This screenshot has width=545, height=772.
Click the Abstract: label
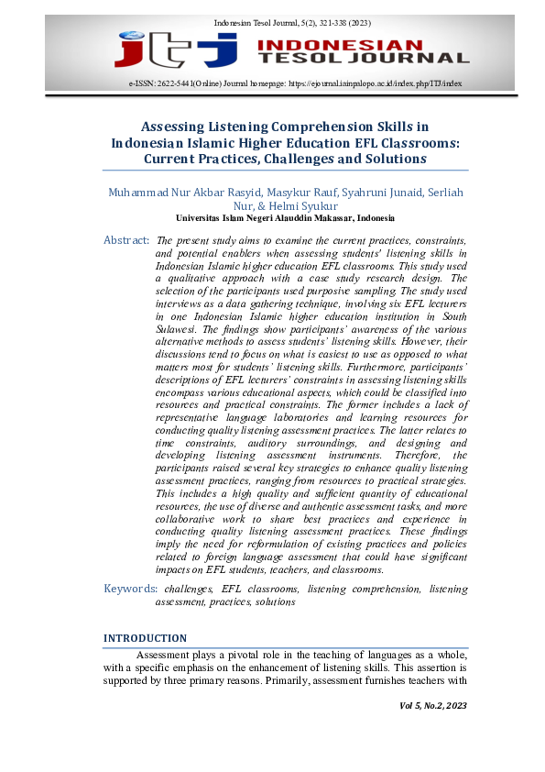(x=126, y=239)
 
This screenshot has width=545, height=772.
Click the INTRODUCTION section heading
(x=145, y=638)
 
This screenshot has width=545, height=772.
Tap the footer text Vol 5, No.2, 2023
(x=433, y=705)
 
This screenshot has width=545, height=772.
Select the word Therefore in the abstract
(x=426, y=455)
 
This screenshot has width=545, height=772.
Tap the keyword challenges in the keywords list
(x=189, y=588)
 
